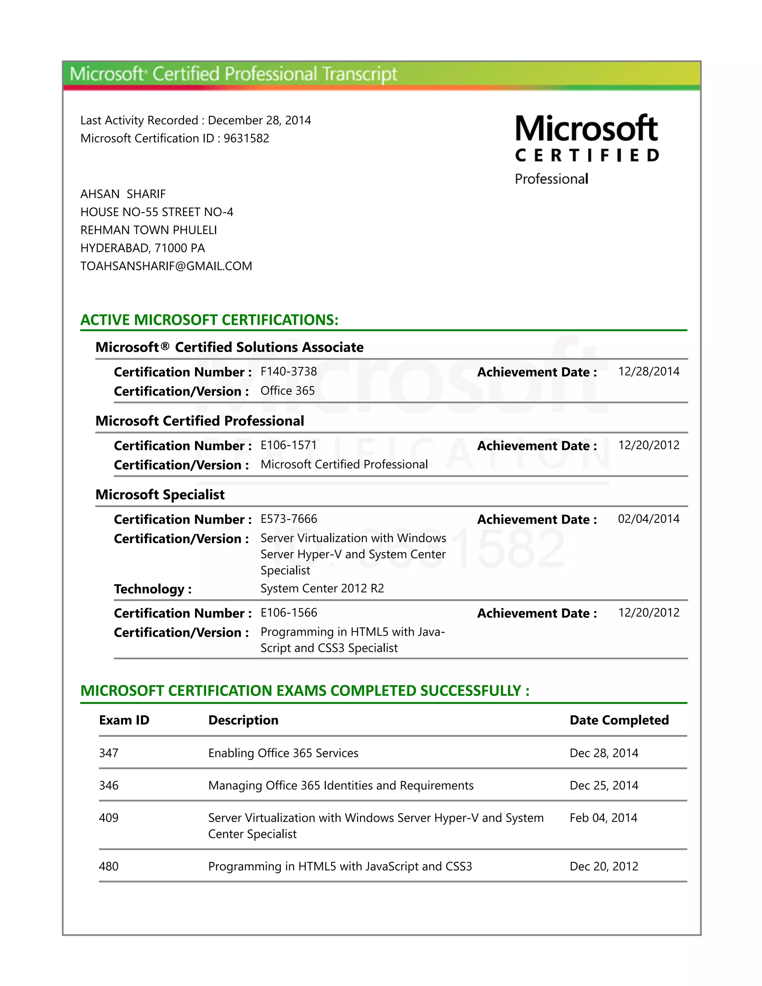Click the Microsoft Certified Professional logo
point(586,149)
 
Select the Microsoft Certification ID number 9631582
point(246,138)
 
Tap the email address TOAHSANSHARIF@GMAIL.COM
point(166,266)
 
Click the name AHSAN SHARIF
point(123,194)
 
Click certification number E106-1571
point(288,445)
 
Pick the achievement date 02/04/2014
point(648,518)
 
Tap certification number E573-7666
point(288,518)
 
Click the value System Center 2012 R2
point(322,588)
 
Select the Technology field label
point(153,589)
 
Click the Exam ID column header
point(124,720)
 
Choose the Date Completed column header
point(619,720)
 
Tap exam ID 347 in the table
point(109,753)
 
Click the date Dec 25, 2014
point(603,785)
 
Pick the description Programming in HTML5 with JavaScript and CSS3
point(340,866)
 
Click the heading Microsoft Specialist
point(160,494)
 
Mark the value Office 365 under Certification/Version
point(288,391)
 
